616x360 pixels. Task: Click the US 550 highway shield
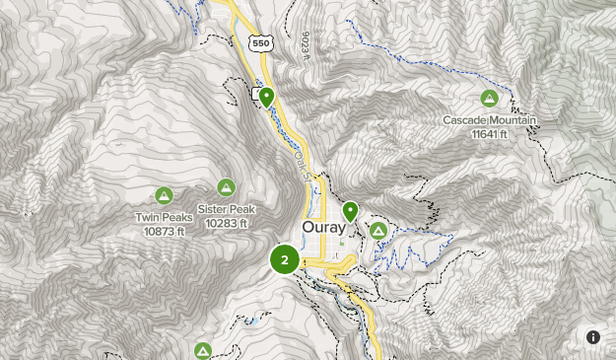[260, 43]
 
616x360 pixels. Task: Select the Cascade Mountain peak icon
[489, 99]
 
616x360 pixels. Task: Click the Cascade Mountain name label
[489, 120]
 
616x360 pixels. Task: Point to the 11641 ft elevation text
[489, 133]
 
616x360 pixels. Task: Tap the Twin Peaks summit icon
[164, 195]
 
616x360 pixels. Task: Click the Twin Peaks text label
[164, 218]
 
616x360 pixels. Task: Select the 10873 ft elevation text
[164, 231]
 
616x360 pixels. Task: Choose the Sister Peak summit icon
[227, 187]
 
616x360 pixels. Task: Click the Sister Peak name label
[227, 209]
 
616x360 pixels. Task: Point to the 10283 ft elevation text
[227, 223]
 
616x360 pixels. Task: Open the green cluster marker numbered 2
[285, 260]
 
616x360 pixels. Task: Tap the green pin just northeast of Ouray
[350, 211]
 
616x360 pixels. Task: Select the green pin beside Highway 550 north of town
[266, 97]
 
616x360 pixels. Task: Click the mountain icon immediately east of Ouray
[377, 230]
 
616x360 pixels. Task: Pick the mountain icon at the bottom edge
[203, 350]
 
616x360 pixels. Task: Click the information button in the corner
[593, 337]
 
